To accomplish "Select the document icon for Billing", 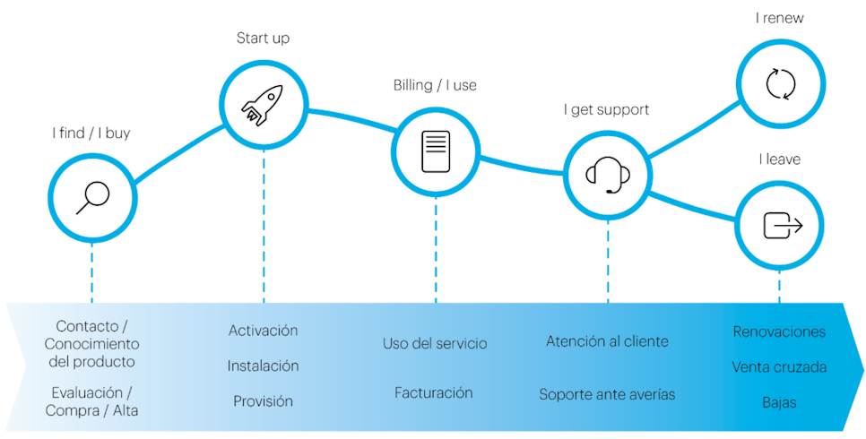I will pyautogui.click(x=435, y=151).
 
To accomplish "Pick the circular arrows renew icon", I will pyautogui.click(x=779, y=84).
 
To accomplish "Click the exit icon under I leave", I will pyautogui.click(x=780, y=225).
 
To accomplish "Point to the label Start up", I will pyautogui.click(x=263, y=39).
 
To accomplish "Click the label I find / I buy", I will pyautogui.click(x=91, y=133).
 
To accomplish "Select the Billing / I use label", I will pyautogui.click(x=435, y=86).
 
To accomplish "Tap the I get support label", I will pyautogui.click(x=606, y=109).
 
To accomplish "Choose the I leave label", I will pyautogui.click(x=779, y=159).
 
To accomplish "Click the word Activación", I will pyautogui.click(x=263, y=331).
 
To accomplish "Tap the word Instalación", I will pyautogui.click(x=263, y=366).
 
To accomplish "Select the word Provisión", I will pyautogui.click(x=263, y=401).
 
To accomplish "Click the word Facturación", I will pyautogui.click(x=434, y=392).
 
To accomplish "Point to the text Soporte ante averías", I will pyautogui.click(x=607, y=394).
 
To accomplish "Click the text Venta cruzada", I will pyautogui.click(x=779, y=367).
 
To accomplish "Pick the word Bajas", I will pyautogui.click(x=779, y=402).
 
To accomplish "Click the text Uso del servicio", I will pyautogui.click(x=435, y=344).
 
